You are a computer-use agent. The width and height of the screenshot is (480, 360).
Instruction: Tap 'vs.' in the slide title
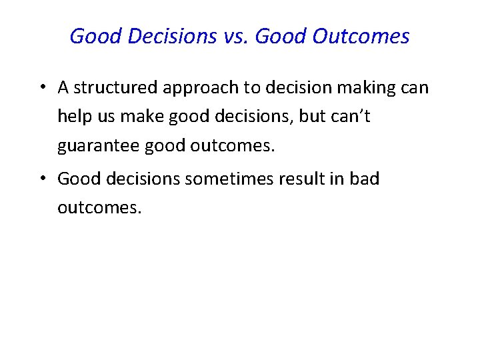[234, 36]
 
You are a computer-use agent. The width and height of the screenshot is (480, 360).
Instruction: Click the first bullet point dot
[42, 88]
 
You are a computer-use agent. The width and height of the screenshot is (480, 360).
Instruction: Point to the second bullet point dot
[42, 179]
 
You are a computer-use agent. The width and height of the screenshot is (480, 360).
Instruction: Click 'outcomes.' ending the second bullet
[99, 208]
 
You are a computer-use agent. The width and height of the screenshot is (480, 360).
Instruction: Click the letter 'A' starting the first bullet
[63, 88]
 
